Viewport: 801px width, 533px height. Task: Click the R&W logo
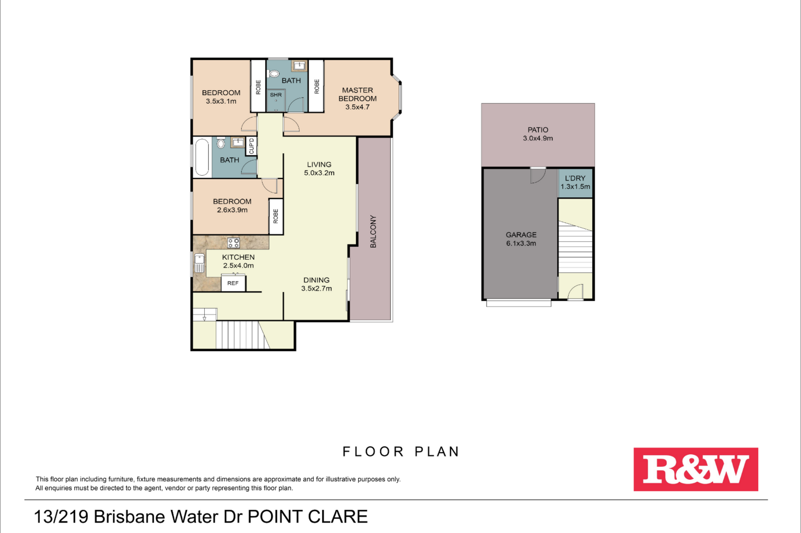696,469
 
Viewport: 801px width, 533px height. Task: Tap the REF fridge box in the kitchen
233,283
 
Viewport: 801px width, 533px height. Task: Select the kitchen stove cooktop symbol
233,243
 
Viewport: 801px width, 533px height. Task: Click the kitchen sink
199,263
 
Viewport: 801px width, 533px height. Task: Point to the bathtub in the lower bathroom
202,157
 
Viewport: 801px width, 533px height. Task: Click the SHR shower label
276,95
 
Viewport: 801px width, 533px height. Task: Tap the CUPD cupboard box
251,146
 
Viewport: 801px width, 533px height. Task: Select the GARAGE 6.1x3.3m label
521,239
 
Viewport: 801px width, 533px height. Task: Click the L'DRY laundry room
575,183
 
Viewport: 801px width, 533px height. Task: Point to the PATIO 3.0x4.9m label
538,134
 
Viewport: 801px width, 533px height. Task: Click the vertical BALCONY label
373,232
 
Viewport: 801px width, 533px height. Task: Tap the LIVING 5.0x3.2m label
320,168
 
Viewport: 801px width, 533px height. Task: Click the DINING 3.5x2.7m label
316,284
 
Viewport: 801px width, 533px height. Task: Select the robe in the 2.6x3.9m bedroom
276,216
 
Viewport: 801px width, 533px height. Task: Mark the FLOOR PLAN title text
401,452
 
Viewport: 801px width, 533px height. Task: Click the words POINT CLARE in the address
308,516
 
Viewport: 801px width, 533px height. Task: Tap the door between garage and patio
538,175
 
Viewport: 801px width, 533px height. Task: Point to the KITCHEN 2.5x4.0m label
238,261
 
